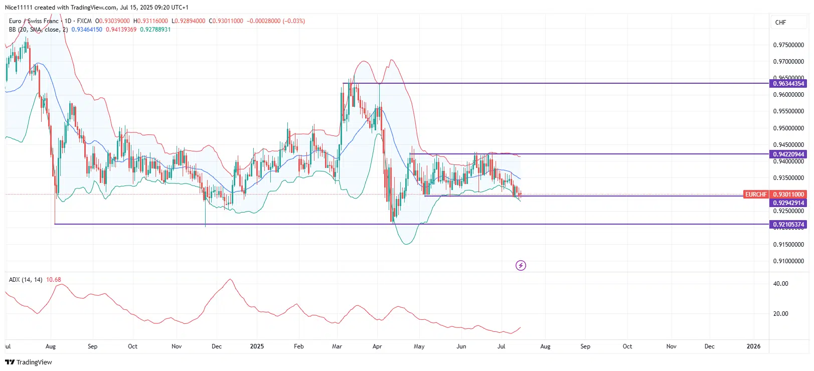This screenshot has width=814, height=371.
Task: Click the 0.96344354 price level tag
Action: pos(788,84)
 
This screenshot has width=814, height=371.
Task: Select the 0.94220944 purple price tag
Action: pos(788,154)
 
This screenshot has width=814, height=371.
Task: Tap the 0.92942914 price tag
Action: pos(788,203)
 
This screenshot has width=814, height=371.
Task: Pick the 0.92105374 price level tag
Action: pos(788,225)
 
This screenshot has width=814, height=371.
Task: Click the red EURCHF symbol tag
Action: pos(755,195)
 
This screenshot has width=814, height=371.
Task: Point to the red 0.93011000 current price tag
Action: pos(788,195)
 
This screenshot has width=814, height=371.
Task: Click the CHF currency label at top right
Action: pos(780,23)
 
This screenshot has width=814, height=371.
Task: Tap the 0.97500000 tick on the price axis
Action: pos(788,45)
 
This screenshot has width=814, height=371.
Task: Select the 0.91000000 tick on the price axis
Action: pos(788,261)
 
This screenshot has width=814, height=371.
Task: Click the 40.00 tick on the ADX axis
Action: pos(780,284)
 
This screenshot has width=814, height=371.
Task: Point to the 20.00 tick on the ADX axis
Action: pos(780,314)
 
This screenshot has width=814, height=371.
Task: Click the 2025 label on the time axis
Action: pos(257,346)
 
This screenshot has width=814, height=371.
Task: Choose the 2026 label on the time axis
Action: pos(753,346)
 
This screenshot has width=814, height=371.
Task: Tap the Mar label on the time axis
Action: pos(337,346)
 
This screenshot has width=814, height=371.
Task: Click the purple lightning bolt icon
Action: pos(521,265)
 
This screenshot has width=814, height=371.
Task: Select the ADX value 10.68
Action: pos(53,280)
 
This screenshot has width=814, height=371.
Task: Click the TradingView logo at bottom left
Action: pos(29,362)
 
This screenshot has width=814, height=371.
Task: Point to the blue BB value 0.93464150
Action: pos(87,30)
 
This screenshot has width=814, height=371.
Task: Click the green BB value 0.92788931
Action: pos(155,30)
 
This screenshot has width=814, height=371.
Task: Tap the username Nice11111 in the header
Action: pos(19,8)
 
